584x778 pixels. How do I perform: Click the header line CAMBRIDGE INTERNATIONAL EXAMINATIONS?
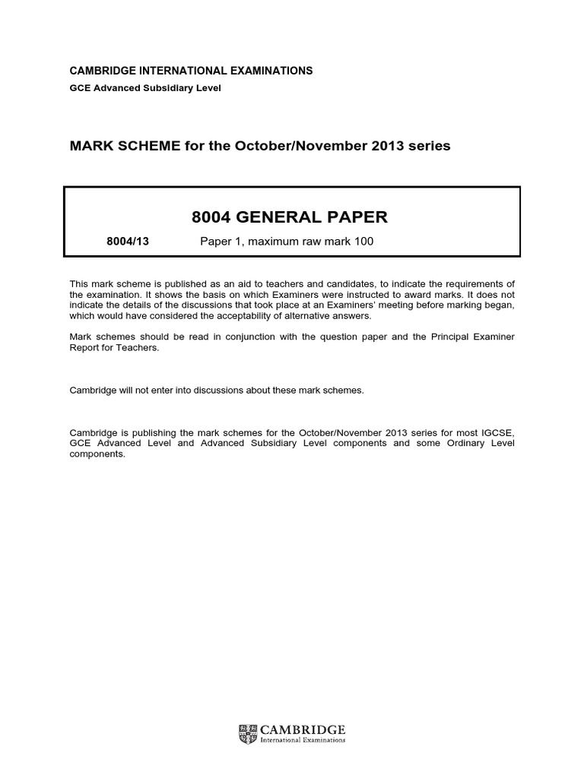coord(191,71)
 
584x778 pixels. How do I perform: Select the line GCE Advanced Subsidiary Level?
coord(145,88)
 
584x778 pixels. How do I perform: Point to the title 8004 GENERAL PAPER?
coord(290,217)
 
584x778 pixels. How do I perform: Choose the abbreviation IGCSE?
coord(498,432)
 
